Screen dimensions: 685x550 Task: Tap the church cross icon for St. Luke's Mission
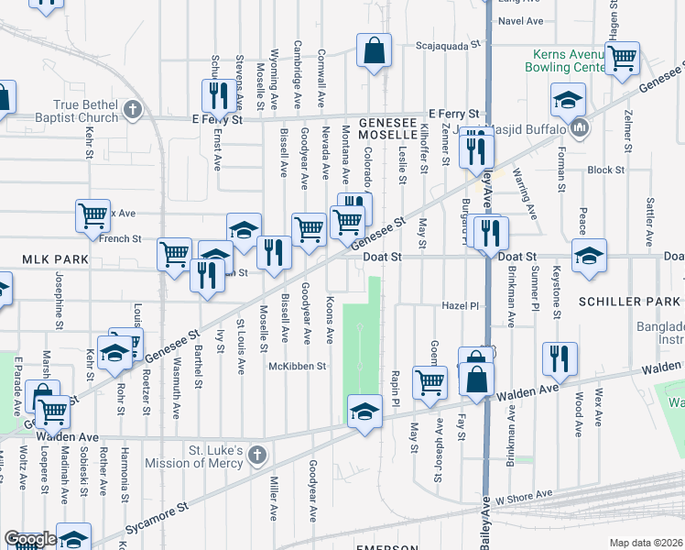(x=257, y=455)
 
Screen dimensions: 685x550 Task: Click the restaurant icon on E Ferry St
(x=218, y=93)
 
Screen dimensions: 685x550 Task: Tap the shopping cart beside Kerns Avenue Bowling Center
(x=622, y=58)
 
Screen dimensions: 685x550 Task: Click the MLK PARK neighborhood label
(x=44, y=259)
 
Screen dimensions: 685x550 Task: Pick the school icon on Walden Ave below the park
(x=364, y=413)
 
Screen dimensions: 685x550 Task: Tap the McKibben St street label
(x=297, y=366)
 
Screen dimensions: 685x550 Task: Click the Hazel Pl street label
(x=461, y=306)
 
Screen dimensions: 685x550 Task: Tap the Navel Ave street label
(x=521, y=20)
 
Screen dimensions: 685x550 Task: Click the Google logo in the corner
(x=29, y=539)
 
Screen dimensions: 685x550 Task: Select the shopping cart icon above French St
(x=92, y=216)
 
